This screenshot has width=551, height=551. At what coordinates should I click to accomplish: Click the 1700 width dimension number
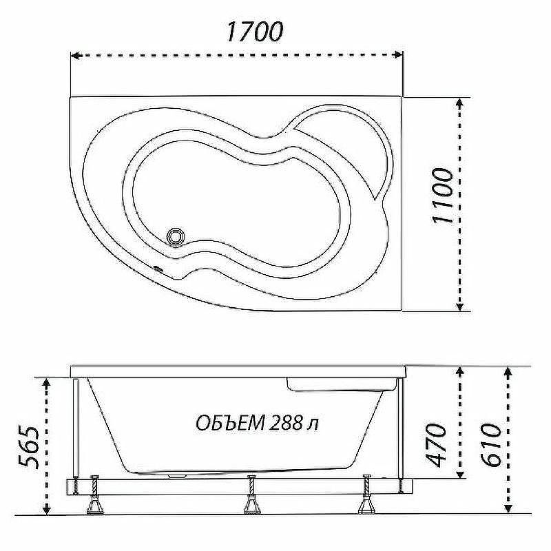pos(253,32)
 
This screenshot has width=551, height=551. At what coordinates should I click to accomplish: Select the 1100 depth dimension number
pos(441,196)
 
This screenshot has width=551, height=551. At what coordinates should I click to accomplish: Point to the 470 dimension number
pos(435,446)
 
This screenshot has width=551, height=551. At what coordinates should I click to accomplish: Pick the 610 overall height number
pos(490,445)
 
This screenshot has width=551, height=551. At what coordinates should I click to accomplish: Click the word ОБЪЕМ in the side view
pos(230,423)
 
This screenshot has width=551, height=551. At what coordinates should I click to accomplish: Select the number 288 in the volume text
pos(286,423)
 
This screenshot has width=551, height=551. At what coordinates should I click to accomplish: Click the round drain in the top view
pos(175,237)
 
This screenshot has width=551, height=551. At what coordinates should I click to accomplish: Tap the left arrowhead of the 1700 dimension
pos(75,55)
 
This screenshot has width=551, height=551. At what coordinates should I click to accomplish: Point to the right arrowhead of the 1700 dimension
pos(398,54)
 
